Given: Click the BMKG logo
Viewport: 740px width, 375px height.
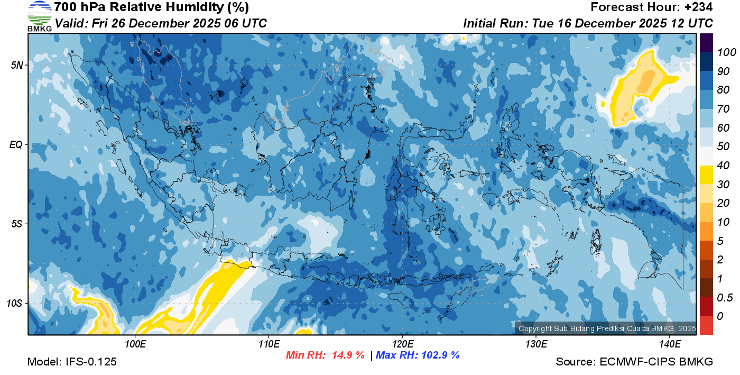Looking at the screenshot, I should (x=39, y=16).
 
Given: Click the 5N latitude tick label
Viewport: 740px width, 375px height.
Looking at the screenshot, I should (x=17, y=65).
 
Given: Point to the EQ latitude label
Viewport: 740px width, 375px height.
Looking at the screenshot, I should (x=16, y=144).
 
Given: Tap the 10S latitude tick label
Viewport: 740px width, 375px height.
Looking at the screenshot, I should (x=15, y=303).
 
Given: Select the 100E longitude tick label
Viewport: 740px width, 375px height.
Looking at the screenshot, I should (x=135, y=344).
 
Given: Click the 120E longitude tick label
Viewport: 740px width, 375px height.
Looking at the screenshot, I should (x=402, y=344).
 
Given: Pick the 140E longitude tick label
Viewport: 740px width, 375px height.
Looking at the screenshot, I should (x=670, y=344).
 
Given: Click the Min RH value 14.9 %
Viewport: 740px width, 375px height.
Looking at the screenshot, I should (x=348, y=355).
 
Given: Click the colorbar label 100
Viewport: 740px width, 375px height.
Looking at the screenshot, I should (x=723, y=52).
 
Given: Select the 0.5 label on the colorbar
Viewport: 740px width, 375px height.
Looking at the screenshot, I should (x=723, y=298).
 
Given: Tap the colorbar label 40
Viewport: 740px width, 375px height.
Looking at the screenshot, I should (x=723, y=166).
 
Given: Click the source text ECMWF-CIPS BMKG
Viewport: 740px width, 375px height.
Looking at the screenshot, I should (x=656, y=362).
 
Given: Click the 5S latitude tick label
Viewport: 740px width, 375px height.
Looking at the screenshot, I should (x=17, y=224).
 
